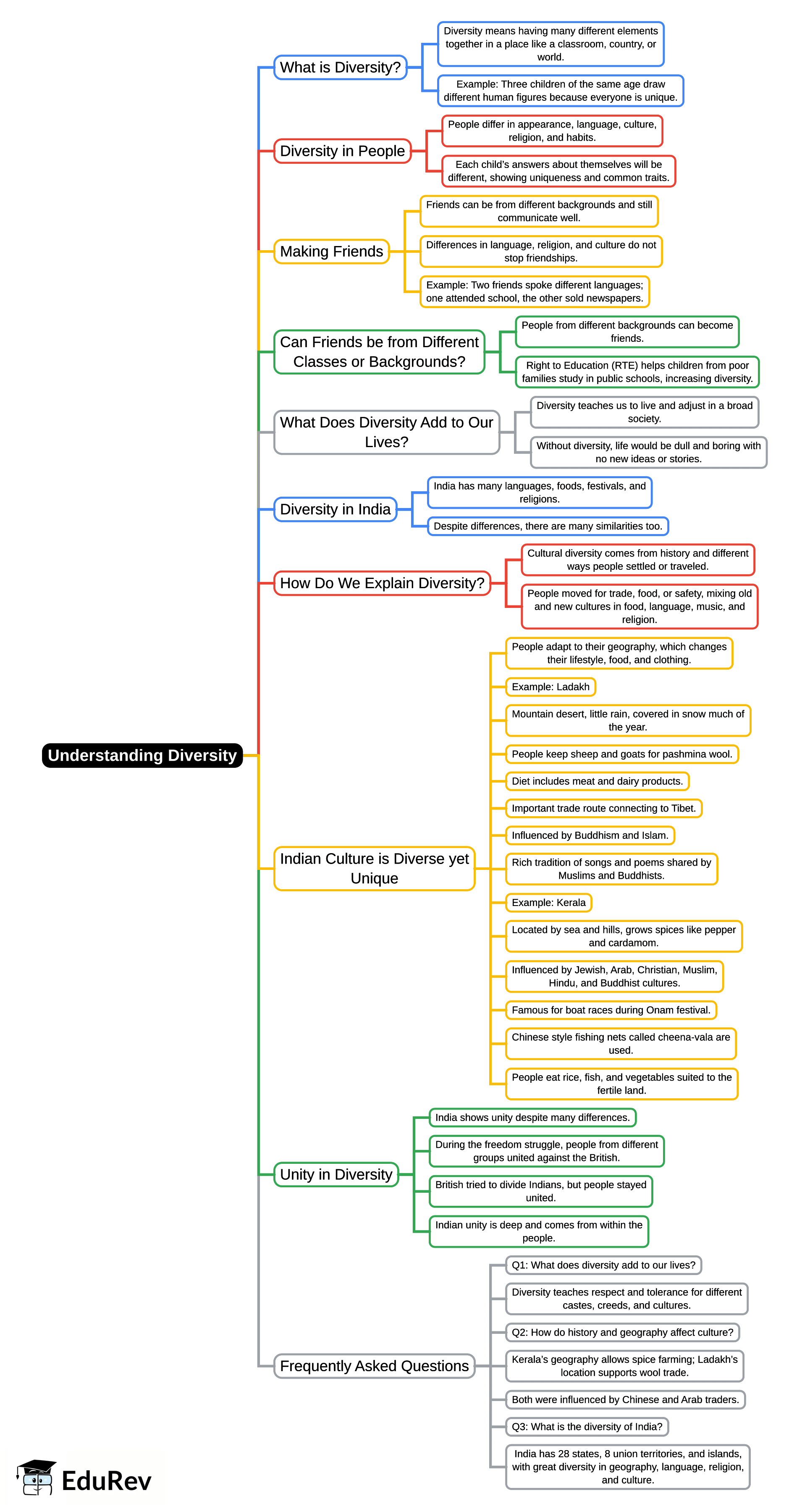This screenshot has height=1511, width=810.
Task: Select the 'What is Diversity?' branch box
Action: [340, 68]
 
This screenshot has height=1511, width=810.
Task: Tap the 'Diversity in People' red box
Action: [342, 151]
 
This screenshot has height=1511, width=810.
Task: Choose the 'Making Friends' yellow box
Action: [331, 251]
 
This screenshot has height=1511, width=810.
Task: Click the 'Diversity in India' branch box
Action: [335, 509]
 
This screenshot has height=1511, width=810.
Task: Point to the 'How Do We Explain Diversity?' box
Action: [382, 583]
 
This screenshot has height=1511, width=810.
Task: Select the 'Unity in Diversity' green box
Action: [336, 1174]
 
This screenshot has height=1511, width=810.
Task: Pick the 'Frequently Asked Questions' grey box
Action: [374, 1366]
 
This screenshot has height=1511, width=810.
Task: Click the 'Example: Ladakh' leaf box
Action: [550, 687]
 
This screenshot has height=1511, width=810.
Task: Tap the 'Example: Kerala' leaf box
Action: [548, 903]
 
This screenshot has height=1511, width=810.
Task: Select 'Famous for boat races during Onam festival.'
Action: [611, 1010]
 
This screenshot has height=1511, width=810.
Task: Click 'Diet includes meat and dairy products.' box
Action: [597, 781]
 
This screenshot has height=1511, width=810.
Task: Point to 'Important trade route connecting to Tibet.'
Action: [603, 808]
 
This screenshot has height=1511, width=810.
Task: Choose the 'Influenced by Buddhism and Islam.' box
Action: [590, 835]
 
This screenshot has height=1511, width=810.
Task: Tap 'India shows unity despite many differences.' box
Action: [532, 1118]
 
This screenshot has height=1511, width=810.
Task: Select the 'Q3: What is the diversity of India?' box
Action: [587, 1427]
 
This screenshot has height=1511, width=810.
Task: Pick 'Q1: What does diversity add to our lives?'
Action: [603, 1265]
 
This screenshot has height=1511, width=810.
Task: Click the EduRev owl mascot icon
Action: [37, 1477]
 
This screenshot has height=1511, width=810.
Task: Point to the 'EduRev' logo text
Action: [106, 1481]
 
